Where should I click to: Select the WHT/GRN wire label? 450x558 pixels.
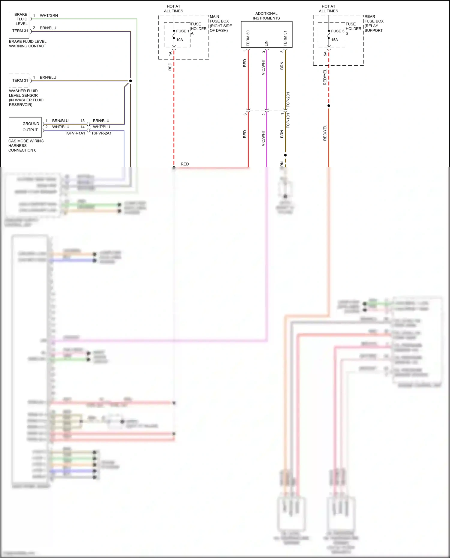[x=49, y=16]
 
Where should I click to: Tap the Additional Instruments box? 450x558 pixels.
[x=266, y=34]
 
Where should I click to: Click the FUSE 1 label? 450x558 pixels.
[x=182, y=31]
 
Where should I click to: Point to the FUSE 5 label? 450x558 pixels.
[x=337, y=31]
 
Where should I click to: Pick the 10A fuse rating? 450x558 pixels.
[x=179, y=40]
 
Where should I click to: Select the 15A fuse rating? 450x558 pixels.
[x=334, y=40]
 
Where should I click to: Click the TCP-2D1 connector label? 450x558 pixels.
[x=288, y=100]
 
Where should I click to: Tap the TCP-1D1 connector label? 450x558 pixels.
[x=288, y=121]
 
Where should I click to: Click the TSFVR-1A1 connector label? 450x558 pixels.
[x=75, y=133]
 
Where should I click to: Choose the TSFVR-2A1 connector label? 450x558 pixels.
[x=101, y=133]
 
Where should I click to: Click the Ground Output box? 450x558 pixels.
[x=25, y=127]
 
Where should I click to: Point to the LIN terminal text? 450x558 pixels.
[x=266, y=43]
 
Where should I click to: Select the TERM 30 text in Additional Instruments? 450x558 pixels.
[x=248, y=38]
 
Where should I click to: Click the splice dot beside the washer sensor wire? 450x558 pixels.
[x=130, y=81]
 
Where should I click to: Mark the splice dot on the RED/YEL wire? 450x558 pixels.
[x=328, y=106]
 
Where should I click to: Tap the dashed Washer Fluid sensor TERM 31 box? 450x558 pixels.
[x=19, y=81]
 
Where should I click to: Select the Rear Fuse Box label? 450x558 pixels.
[x=374, y=23]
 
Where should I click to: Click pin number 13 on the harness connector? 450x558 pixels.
[x=82, y=121]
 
